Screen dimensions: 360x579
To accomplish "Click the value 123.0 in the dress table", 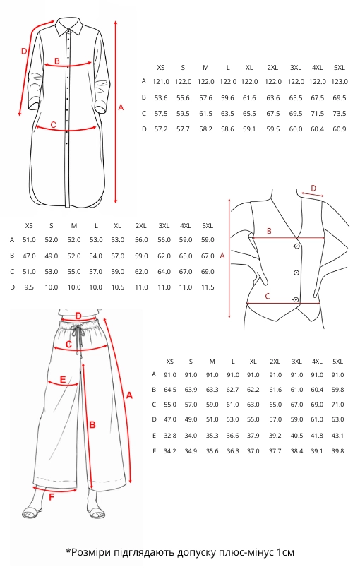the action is [x=340, y=82].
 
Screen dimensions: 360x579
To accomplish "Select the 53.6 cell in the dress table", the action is [x=161, y=98].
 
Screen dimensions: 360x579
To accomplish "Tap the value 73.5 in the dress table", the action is [x=340, y=114].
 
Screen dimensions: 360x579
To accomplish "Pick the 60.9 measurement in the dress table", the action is [x=340, y=129].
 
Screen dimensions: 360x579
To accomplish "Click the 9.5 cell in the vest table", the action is [x=29, y=287].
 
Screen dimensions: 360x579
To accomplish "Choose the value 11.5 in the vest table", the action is [x=208, y=287].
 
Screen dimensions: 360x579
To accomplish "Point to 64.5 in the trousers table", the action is [x=170, y=390].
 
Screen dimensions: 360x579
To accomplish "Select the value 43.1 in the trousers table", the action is [x=338, y=436].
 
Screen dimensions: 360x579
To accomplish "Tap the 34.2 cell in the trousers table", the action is [x=170, y=451].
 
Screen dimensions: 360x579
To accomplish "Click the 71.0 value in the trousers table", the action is [x=338, y=405].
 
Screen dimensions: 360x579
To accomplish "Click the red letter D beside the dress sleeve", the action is [x=24, y=51].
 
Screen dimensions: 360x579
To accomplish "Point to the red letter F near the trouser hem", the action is [x=52, y=497].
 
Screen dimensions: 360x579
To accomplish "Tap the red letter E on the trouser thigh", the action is [x=63, y=380].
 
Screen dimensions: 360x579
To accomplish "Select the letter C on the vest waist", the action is [x=268, y=296].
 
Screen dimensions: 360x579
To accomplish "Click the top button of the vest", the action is [x=297, y=246].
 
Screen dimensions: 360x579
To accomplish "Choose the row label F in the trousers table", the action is [x=155, y=451].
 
